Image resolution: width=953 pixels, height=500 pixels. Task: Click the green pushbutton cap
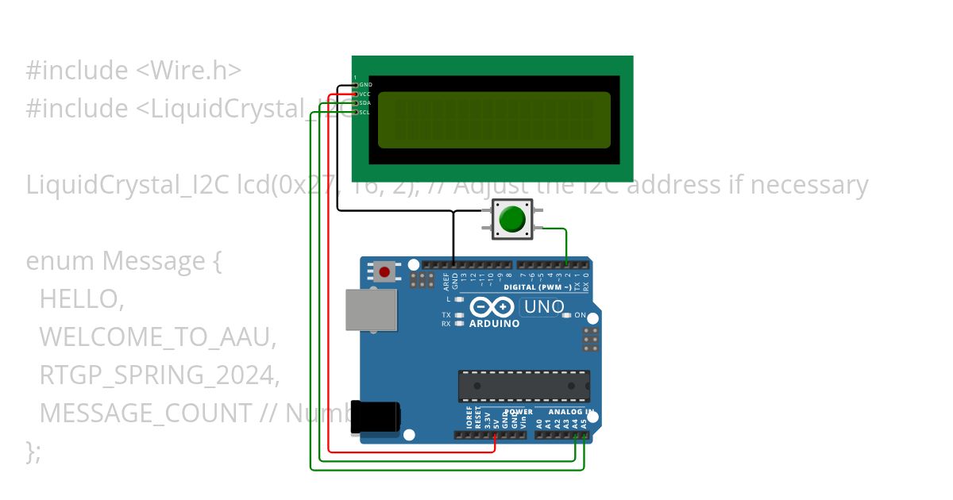click(x=514, y=218)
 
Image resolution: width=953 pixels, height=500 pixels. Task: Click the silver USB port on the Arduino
click(x=371, y=310)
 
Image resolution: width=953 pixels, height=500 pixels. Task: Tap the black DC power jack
click(x=376, y=417)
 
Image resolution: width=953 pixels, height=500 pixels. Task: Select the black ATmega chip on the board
click(x=523, y=386)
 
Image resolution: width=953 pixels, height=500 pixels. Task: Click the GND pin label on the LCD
click(x=365, y=84)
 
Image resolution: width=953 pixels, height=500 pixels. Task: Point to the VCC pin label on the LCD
click(x=365, y=94)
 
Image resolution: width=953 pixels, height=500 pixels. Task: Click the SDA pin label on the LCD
click(x=365, y=103)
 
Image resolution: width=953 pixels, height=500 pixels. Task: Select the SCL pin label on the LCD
click(x=365, y=113)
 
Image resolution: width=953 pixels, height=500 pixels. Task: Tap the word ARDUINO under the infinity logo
click(x=494, y=324)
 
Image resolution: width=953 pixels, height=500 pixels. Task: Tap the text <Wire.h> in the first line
click(x=188, y=71)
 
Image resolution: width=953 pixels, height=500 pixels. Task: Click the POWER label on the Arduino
click(x=519, y=413)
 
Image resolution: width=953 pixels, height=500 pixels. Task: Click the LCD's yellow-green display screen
click(x=493, y=120)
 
